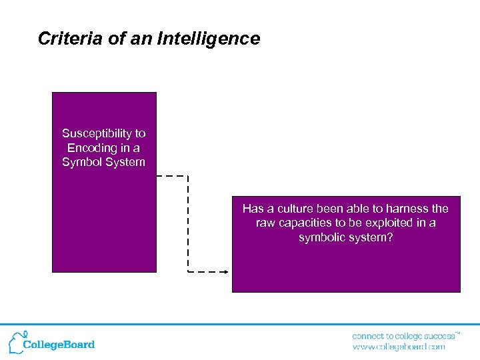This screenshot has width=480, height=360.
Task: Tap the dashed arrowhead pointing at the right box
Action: pyautogui.click(x=225, y=272)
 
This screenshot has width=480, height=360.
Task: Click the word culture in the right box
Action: pyautogui.click(x=297, y=209)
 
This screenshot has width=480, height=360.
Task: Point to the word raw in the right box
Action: pyautogui.click(x=265, y=223)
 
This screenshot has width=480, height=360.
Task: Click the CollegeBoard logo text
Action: pyautogui.click(x=59, y=345)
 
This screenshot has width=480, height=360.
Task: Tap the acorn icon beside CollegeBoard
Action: pyautogui.click(x=15, y=341)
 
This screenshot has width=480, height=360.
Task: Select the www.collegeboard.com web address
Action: pyautogui.click(x=398, y=347)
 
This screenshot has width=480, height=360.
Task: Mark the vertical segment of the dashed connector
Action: pyautogui.click(x=188, y=223)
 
